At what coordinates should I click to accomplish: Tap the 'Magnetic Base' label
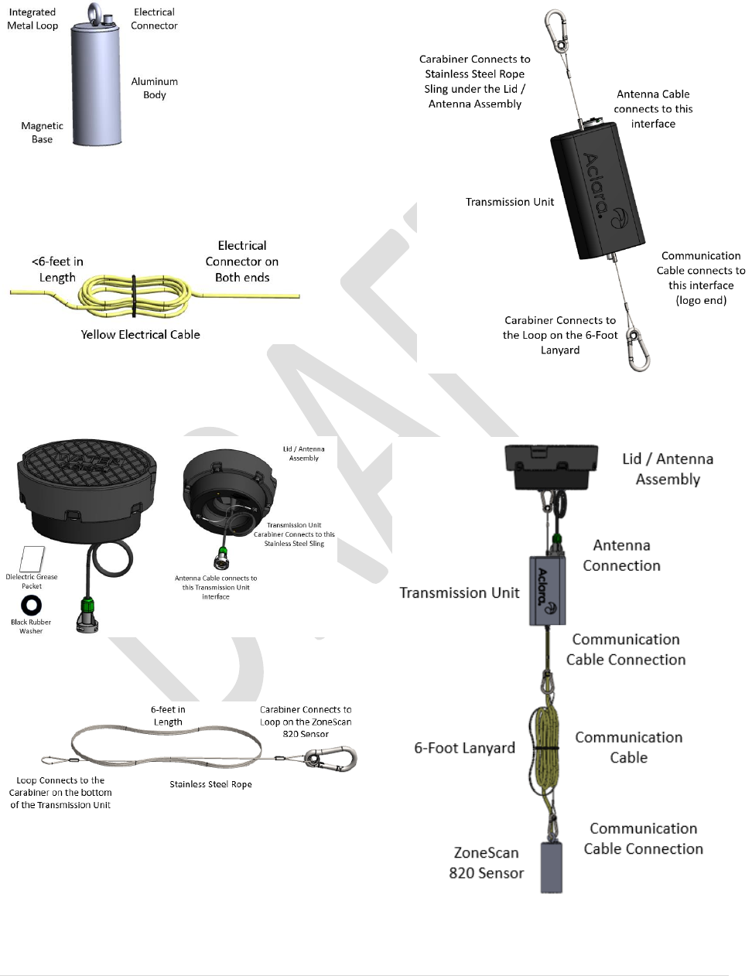pyautogui.click(x=42, y=132)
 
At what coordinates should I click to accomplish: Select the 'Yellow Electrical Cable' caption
pyautogui.click(x=140, y=334)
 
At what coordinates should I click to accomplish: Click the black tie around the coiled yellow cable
pyautogui.click(x=134, y=295)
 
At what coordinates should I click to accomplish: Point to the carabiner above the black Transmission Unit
pyautogui.click(x=556, y=31)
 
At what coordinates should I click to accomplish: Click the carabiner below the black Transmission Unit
pyautogui.click(x=638, y=349)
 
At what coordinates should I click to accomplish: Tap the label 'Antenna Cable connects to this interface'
pyautogui.click(x=653, y=108)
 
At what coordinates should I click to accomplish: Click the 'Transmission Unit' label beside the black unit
pyautogui.click(x=509, y=202)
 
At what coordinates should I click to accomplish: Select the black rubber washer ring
pyautogui.click(x=32, y=605)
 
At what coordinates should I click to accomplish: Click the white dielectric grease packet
pyautogui.click(x=32, y=558)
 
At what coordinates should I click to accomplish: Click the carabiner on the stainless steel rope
pyautogui.click(x=331, y=758)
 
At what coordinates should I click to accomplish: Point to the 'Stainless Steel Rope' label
pyautogui.click(x=210, y=784)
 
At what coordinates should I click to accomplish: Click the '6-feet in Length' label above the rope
pyautogui.click(x=168, y=715)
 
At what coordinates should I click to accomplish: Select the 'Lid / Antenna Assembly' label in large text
pyautogui.click(x=667, y=469)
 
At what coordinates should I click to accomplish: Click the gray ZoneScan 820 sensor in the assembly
pyautogui.click(x=551, y=866)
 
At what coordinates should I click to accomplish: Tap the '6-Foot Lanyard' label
pyautogui.click(x=464, y=748)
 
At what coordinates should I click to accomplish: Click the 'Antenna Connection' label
pyautogui.click(x=621, y=555)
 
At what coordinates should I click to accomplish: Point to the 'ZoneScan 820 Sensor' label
pyautogui.click(x=486, y=862)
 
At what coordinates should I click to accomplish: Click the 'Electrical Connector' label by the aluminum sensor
pyautogui.click(x=154, y=19)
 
